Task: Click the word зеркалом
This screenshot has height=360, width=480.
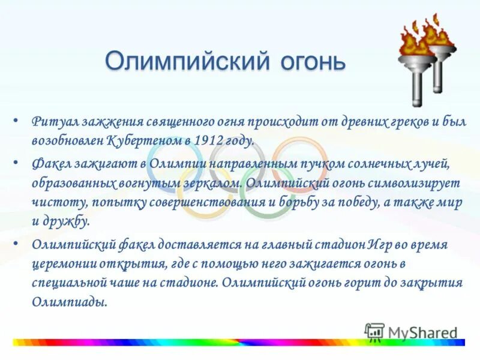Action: coord(213,182)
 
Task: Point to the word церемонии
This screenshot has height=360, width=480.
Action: coord(59,264)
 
